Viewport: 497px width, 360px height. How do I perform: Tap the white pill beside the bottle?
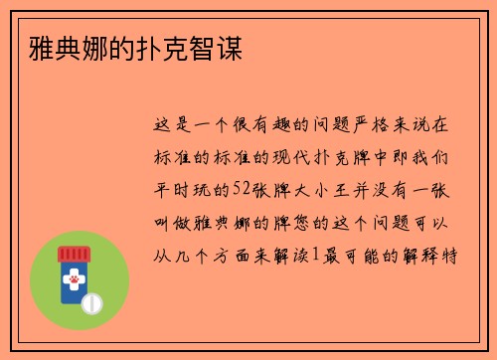(90, 301)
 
